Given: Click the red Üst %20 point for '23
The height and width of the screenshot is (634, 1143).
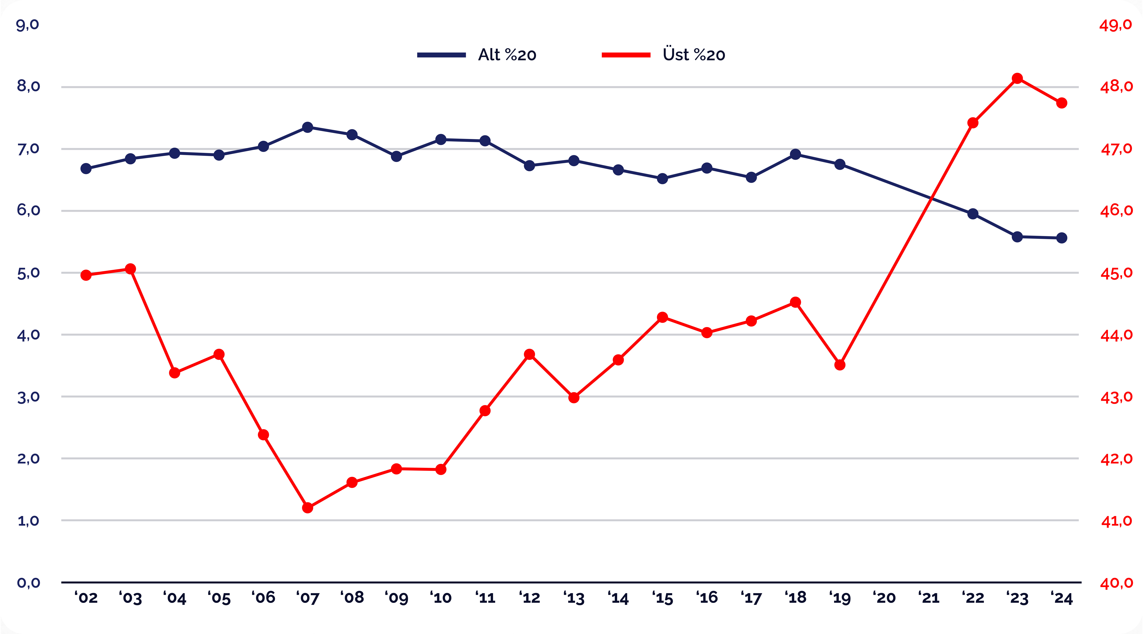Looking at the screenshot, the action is click(x=1017, y=79).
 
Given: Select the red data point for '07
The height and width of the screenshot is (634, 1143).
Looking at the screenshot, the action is click(x=308, y=507).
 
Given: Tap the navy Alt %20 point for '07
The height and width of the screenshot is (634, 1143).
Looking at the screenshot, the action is click(x=308, y=127).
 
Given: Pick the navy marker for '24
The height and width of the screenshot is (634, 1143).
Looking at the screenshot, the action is click(x=1062, y=238).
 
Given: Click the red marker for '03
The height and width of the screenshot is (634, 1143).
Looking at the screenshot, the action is click(x=130, y=269).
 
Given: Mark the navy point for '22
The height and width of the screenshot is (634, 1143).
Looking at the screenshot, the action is click(x=973, y=214).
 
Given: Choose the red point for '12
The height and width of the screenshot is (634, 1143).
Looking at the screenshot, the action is click(x=529, y=354).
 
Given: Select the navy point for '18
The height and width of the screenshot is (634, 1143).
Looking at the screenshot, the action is click(x=796, y=154).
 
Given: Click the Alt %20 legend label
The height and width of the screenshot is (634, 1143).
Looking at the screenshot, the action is click(x=507, y=55).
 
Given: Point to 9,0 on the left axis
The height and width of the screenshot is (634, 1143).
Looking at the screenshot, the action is click(x=27, y=25).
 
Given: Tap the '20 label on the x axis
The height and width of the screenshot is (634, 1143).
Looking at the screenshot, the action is click(x=884, y=598).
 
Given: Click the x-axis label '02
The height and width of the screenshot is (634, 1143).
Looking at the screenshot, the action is click(x=86, y=598).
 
